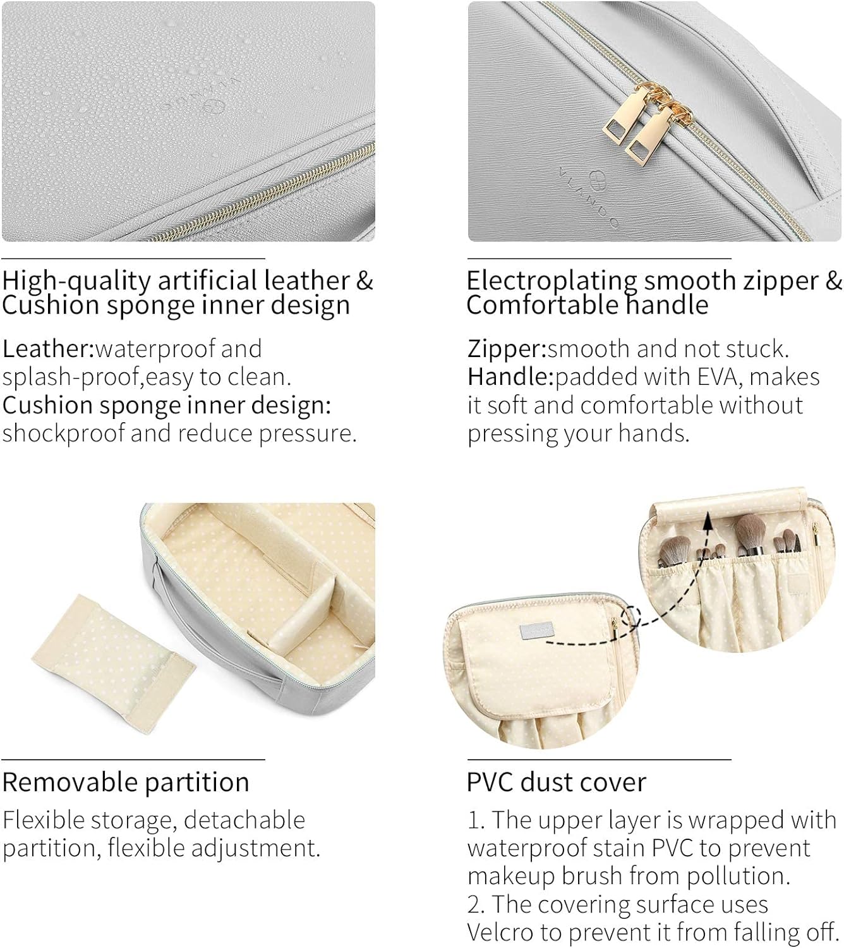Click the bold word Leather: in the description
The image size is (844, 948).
click(x=49, y=349)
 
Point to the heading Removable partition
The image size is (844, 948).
click(x=126, y=782)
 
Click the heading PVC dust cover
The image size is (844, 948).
click(x=557, y=782)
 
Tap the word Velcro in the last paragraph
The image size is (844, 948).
click(x=500, y=932)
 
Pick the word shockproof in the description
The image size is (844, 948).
click(x=64, y=434)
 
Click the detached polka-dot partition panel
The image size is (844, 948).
click(x=114, y=664)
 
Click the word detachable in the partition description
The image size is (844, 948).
click(x=244, y=820)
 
